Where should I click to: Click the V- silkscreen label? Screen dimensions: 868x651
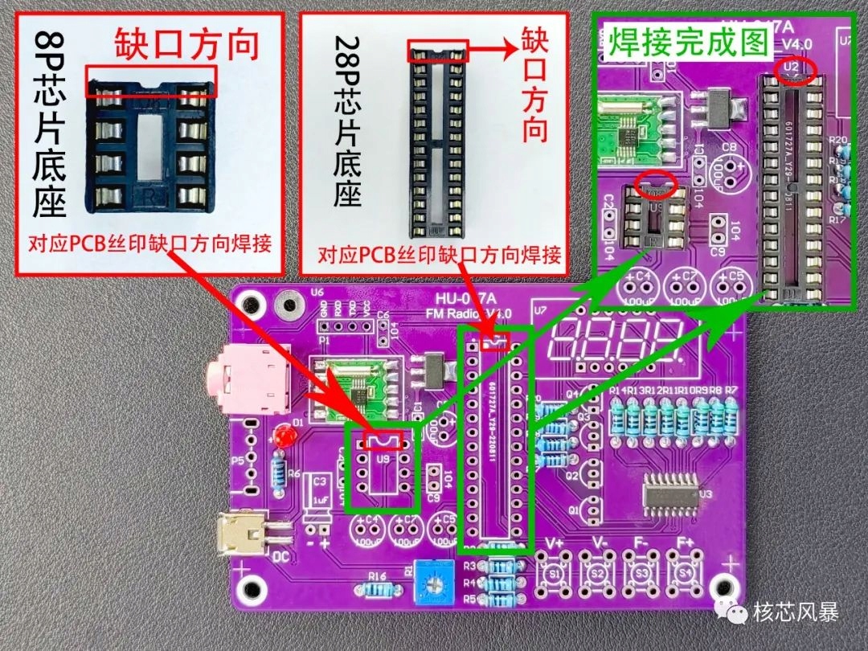click(599, 542)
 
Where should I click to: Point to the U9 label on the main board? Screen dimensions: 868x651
click(383, 461)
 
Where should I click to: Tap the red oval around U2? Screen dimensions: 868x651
click(795, 69)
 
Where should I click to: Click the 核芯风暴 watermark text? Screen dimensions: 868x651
click(796, 612)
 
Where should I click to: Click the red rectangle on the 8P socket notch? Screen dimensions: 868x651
click(150, 83)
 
